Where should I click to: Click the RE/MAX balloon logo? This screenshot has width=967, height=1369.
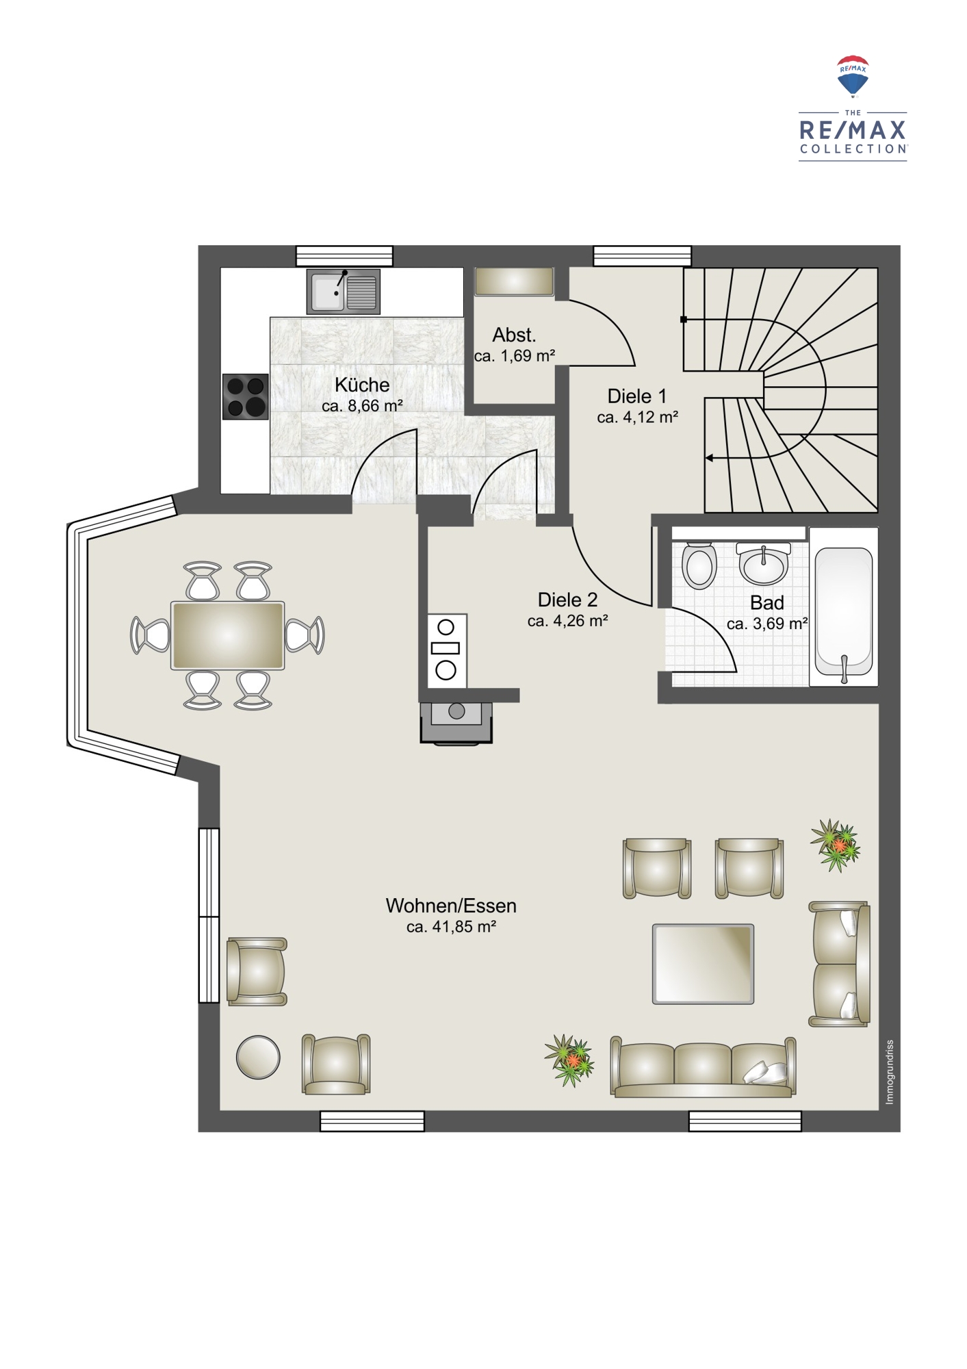(x=853, y=76)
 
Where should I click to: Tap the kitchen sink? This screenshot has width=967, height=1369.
(x=343, y=292)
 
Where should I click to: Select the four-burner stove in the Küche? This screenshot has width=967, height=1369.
(x=245, y=396)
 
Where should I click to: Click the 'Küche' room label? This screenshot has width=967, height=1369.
(x=362, y=385)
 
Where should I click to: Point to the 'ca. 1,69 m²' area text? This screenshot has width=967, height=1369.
(x=515, y=356)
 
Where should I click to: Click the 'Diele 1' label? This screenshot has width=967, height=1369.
(x=637, y=396)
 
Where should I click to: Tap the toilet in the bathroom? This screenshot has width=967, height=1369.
(x=699, y=565)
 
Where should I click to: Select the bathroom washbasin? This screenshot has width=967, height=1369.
(x=763, y=563)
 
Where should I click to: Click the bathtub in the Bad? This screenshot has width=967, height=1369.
(x=844, y=606)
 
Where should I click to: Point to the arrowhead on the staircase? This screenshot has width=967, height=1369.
(x=709, y=458)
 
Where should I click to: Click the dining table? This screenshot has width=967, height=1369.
(x=228, y=635)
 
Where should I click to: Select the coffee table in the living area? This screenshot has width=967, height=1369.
(x=703, y=964)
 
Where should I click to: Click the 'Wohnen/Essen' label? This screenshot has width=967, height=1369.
(x=451, y=906)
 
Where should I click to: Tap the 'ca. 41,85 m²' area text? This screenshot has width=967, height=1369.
(x=451, y=927)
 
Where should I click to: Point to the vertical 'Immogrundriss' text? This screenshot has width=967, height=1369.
(x=890, y=1072)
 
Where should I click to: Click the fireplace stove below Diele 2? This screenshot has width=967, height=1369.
(x=456, y=723)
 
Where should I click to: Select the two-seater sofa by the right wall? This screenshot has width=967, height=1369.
(x=840, y=964)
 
